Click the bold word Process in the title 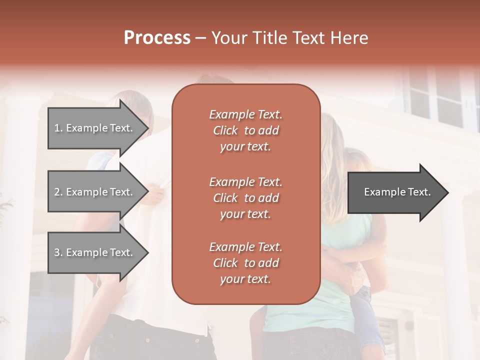[x=157, y=38]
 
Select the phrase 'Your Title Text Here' [x=289, y=38]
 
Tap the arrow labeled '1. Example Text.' [x=95, y=128]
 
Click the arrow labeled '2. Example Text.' [x=95, y=192]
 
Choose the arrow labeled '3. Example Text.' [x=95, y=252]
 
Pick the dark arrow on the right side [x=395, y=192]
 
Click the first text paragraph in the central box [x=245, y=130]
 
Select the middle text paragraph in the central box [x=245, y=197]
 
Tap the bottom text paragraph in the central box [x=245, y=263]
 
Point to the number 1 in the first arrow [x=57, y=128]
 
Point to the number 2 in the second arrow [x=57, y=192]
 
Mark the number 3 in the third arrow [x=57, y=252]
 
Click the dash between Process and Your [x=201, y=38]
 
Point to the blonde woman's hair [x=332, y=150]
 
